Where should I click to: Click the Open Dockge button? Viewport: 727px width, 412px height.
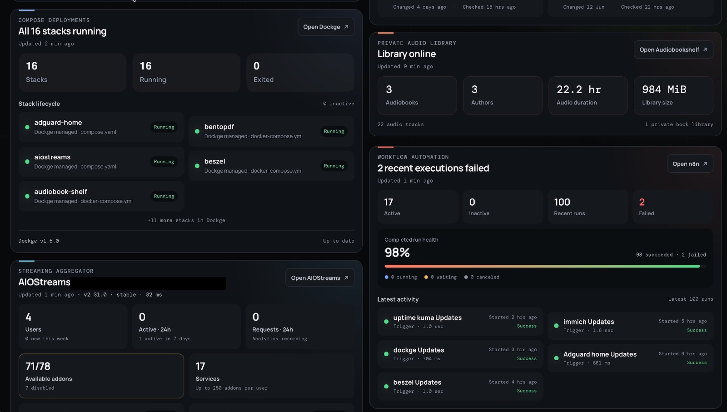[x=326, y=27]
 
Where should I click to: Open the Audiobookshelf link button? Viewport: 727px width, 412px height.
[x=673, y=50]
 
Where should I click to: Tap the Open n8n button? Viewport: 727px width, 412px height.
[x=690, y=164]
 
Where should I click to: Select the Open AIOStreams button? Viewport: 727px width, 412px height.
[x=320, y=278]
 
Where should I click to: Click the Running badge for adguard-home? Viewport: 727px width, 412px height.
[x=164, y=127]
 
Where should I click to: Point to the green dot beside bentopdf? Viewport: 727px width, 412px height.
[x=197, y=131]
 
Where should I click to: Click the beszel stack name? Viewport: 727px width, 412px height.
[x=215, y=161]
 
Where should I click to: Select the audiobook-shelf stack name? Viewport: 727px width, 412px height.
[x=61, y=192]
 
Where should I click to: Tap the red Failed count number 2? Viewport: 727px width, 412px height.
[x=642, y=202]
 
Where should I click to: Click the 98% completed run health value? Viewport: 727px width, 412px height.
[x=397, y=253]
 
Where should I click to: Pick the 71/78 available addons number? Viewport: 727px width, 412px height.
[x=38, y=366]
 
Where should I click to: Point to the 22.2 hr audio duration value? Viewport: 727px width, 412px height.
[x=579, y=89]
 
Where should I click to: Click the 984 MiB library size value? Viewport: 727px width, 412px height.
[x=664, y=89]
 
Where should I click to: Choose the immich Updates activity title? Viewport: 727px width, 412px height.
[x=589, y=322]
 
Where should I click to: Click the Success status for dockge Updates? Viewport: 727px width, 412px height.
[x=527, y=358]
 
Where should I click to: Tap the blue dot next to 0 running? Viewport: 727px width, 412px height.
[x=387, y=277]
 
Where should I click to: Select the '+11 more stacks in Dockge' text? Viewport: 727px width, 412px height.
[x=186, y=220]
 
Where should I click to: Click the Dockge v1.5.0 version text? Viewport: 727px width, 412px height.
[x=39, y=241]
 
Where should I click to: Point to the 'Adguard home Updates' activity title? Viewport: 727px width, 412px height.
[x=600, y=354]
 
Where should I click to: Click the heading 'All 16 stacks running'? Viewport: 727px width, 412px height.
[x=62, y=31]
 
